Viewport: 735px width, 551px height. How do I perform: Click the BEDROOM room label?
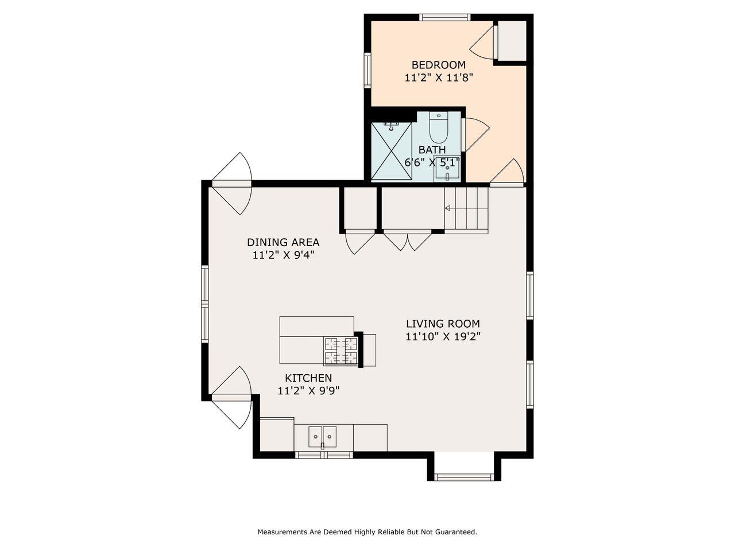438,64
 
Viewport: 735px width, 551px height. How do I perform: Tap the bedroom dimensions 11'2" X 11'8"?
439,78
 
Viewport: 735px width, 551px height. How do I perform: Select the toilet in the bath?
439,128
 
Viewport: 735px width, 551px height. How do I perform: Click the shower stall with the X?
392,151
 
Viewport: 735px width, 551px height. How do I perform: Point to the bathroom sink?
447,169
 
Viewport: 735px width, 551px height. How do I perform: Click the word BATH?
432,150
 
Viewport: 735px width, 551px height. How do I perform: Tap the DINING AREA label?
283,242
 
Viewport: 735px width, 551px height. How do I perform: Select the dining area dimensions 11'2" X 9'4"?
283,255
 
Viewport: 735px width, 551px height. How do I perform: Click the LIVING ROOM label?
443,324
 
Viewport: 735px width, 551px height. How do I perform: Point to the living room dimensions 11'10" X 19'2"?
443,336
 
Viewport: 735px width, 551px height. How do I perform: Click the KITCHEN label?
308,378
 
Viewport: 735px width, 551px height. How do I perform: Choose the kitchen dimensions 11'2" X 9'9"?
308,391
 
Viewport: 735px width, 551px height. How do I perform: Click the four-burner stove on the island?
341,351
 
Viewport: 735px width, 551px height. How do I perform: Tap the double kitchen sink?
323,437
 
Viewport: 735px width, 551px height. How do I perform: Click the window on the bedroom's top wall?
445,17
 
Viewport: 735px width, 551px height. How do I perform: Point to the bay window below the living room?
464,477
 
